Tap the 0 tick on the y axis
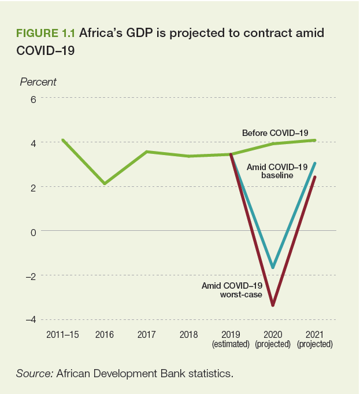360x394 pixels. point(34,231)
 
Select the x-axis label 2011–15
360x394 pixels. point(62,335)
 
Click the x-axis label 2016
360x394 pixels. point(105,335)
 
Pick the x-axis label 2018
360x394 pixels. point(188,335)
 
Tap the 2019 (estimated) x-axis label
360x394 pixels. point(231,339)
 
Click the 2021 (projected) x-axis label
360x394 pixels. point(314,339)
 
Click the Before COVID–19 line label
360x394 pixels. point(274,133)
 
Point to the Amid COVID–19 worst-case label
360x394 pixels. point(232,290)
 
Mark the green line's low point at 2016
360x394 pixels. point(105,184)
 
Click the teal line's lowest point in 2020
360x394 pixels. point(273,268)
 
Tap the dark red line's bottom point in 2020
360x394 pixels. point(273,305)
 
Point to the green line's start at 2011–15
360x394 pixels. point(62,140)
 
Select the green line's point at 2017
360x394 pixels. point(147,152)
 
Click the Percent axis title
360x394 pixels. point(38,82)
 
